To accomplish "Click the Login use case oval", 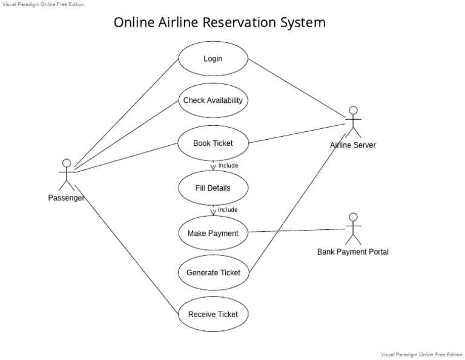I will click(x=213, y=59).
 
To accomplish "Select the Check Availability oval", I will click(x=213, y=100).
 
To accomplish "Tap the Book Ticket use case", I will click(x=213, y=143).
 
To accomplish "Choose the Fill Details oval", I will click(x=213, y=188).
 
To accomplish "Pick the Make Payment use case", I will click(x=213, y=234).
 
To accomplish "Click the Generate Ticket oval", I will click(x=213, y=272).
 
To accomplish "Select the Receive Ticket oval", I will click(x=213, y=314).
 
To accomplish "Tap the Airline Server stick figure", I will click(x=353, y=122).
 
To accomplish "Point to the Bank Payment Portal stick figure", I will click(x=353, y=227).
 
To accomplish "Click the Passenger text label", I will click(x=66, y=198).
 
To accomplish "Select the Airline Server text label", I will click(x=353, y=145).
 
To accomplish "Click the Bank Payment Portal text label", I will click(x=353, y=252).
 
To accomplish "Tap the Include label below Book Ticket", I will click(x=228, y=165).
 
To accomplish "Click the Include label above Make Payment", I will click(x=228, y=210).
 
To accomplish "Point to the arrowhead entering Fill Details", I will click(x=213, y=168).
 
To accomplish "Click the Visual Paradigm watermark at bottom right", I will click(x=421, y=355).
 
